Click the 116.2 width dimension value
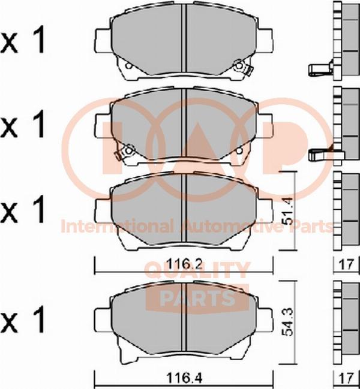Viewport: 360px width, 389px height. pos(184,264)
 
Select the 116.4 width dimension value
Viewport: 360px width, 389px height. pos(184,378)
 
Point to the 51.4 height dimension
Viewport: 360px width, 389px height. pos(288,210)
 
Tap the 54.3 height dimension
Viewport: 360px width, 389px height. pos(288,322)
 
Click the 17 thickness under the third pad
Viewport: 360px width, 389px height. pos(346,264)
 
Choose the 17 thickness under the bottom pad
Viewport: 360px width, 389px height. pos(346,379)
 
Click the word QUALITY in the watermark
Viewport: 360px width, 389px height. pos(197,270)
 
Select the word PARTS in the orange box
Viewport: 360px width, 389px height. pos(197,297)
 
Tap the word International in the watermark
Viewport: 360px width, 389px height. pos(117,226)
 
